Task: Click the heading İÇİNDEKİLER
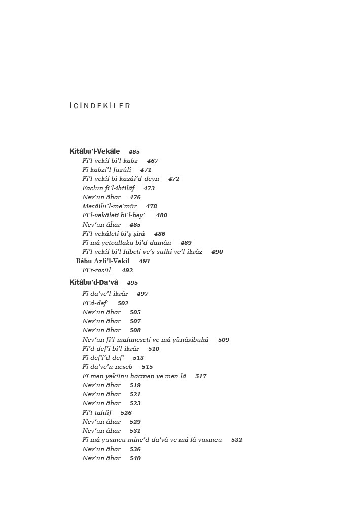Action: [x=100, y=106]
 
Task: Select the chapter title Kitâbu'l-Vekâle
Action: [x=95, y=152]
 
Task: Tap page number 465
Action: [x=134, y=152]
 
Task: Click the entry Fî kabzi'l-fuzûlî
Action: [x=106, y=170]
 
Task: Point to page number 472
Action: [x=174, y=179]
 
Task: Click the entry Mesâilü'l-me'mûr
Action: [x=110, y=206]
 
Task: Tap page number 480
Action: [x=162, y=215]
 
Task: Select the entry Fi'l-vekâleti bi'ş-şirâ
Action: [x=114, y=234]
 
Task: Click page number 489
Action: [x=186, y=243]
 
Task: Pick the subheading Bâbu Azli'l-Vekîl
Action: [x=103, y=261]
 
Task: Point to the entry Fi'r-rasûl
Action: [x=96, y=270]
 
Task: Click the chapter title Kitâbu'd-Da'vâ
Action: [x=94, y=283]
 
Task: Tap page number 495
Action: [x=132, y=283]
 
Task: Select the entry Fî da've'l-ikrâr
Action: [x=105, y=294]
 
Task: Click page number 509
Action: [x=224, y=340]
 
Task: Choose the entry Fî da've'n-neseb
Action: [x=107, y=367]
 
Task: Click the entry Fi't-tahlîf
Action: [x=97, y=413]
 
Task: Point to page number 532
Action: [x=237, y=440]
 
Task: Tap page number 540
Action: [x=135, y=458]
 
